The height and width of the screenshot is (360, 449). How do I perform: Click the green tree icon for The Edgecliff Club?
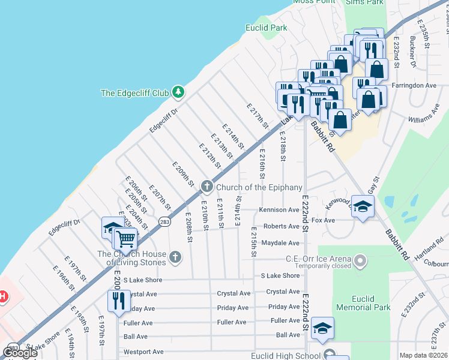tap(177, 92)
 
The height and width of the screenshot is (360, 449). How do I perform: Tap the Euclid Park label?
tap(267, 28)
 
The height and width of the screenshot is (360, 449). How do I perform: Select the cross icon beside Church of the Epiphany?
tap(206, 187)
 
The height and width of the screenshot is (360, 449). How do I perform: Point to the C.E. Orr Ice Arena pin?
tap(360, 260)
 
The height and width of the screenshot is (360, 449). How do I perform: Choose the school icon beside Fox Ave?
tap(362, 207)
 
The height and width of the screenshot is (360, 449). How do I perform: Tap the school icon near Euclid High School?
tap(322, 328)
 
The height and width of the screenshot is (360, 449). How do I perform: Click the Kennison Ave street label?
tap(279, 210)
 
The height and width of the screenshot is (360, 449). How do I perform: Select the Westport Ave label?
tap(143, 352)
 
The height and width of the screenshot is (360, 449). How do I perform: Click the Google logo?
tap(20, 352)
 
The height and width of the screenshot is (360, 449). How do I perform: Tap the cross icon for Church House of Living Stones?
tap(175, 257)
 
